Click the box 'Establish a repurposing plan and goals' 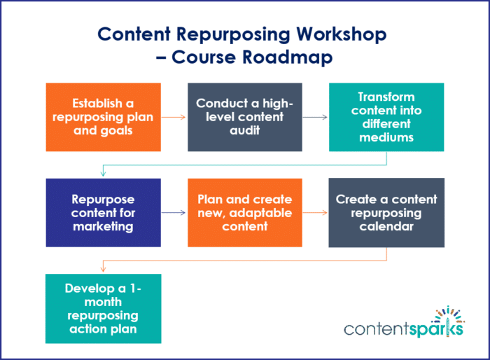(x=104, y=117)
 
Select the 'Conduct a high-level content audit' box (x=244, y=117)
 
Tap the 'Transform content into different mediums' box (x=386, y=117)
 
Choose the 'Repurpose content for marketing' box (x=104, y=212)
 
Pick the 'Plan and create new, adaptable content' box (x=244, y=212)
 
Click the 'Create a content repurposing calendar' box (x=386, y=212)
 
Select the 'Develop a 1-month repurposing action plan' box (x=104, y=308)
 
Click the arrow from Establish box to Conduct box (x=174, y=117)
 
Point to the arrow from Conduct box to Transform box (x=315, y=117)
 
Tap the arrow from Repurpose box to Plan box (x=174, y=212)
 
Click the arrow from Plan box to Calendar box (x=315, y=212)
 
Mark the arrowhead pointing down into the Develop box (x=104, y=269)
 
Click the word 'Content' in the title (x=132, y=34)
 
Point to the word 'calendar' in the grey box (x=386, y=226)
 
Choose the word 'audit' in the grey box (x=244, y=130)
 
